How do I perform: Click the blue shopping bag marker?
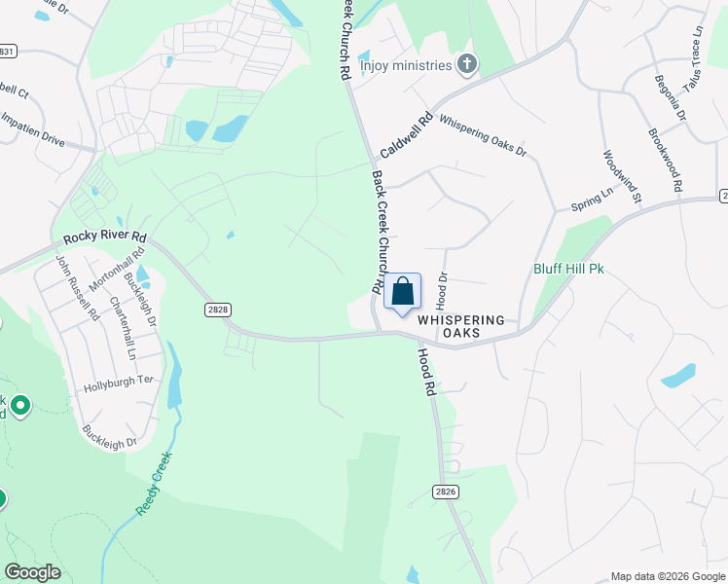click(403, 292)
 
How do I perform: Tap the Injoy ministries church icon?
click(467, 65)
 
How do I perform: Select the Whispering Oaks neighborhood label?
click(461, 326)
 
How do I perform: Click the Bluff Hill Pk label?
click(568, 269)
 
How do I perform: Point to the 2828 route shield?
click(218, 309)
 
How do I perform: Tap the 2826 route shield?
click(446, 493)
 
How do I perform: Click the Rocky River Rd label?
click(105, 237)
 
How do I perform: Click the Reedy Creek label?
click(155, 484)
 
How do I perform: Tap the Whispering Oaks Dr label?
click(483, 136)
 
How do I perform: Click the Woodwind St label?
click(623, 176)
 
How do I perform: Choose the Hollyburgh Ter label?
click(121, 383)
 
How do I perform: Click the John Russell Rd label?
click(77, 288)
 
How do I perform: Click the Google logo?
click(32, 572)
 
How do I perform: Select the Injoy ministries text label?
click(406, 66)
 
